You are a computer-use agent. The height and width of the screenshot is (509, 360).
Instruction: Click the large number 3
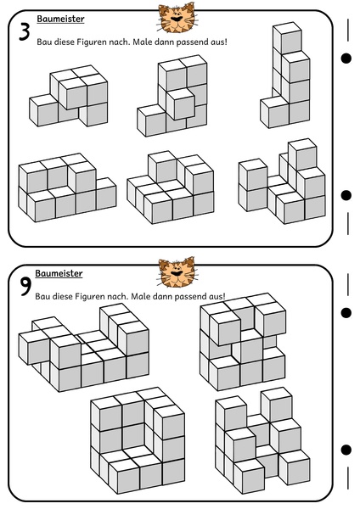coord(25,32)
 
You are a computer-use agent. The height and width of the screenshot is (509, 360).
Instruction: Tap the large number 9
coord(25,287)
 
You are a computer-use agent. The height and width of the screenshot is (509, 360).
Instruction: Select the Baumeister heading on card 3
coord(60,20)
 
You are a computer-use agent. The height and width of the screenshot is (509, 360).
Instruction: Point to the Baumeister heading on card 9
coord(59,274)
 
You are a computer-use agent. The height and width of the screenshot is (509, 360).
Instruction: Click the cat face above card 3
coord(176,18)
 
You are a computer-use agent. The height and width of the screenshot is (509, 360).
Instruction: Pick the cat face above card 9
coord(177,272)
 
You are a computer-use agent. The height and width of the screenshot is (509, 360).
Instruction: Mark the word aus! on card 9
coord(217,296)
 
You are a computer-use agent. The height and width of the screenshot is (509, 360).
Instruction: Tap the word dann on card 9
coord(162,296)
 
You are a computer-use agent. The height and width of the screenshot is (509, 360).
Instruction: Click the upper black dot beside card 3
coord(346,59)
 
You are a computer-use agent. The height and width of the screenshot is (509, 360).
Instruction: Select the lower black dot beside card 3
coord(346,195)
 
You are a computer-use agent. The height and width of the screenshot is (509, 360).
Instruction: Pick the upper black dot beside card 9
coord(346,312)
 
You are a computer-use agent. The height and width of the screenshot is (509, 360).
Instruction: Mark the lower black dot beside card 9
coord(346,450)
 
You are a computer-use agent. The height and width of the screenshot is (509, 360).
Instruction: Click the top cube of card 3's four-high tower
coord(288,37)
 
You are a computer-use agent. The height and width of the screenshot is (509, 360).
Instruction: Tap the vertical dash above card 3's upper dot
coord(348,31)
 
